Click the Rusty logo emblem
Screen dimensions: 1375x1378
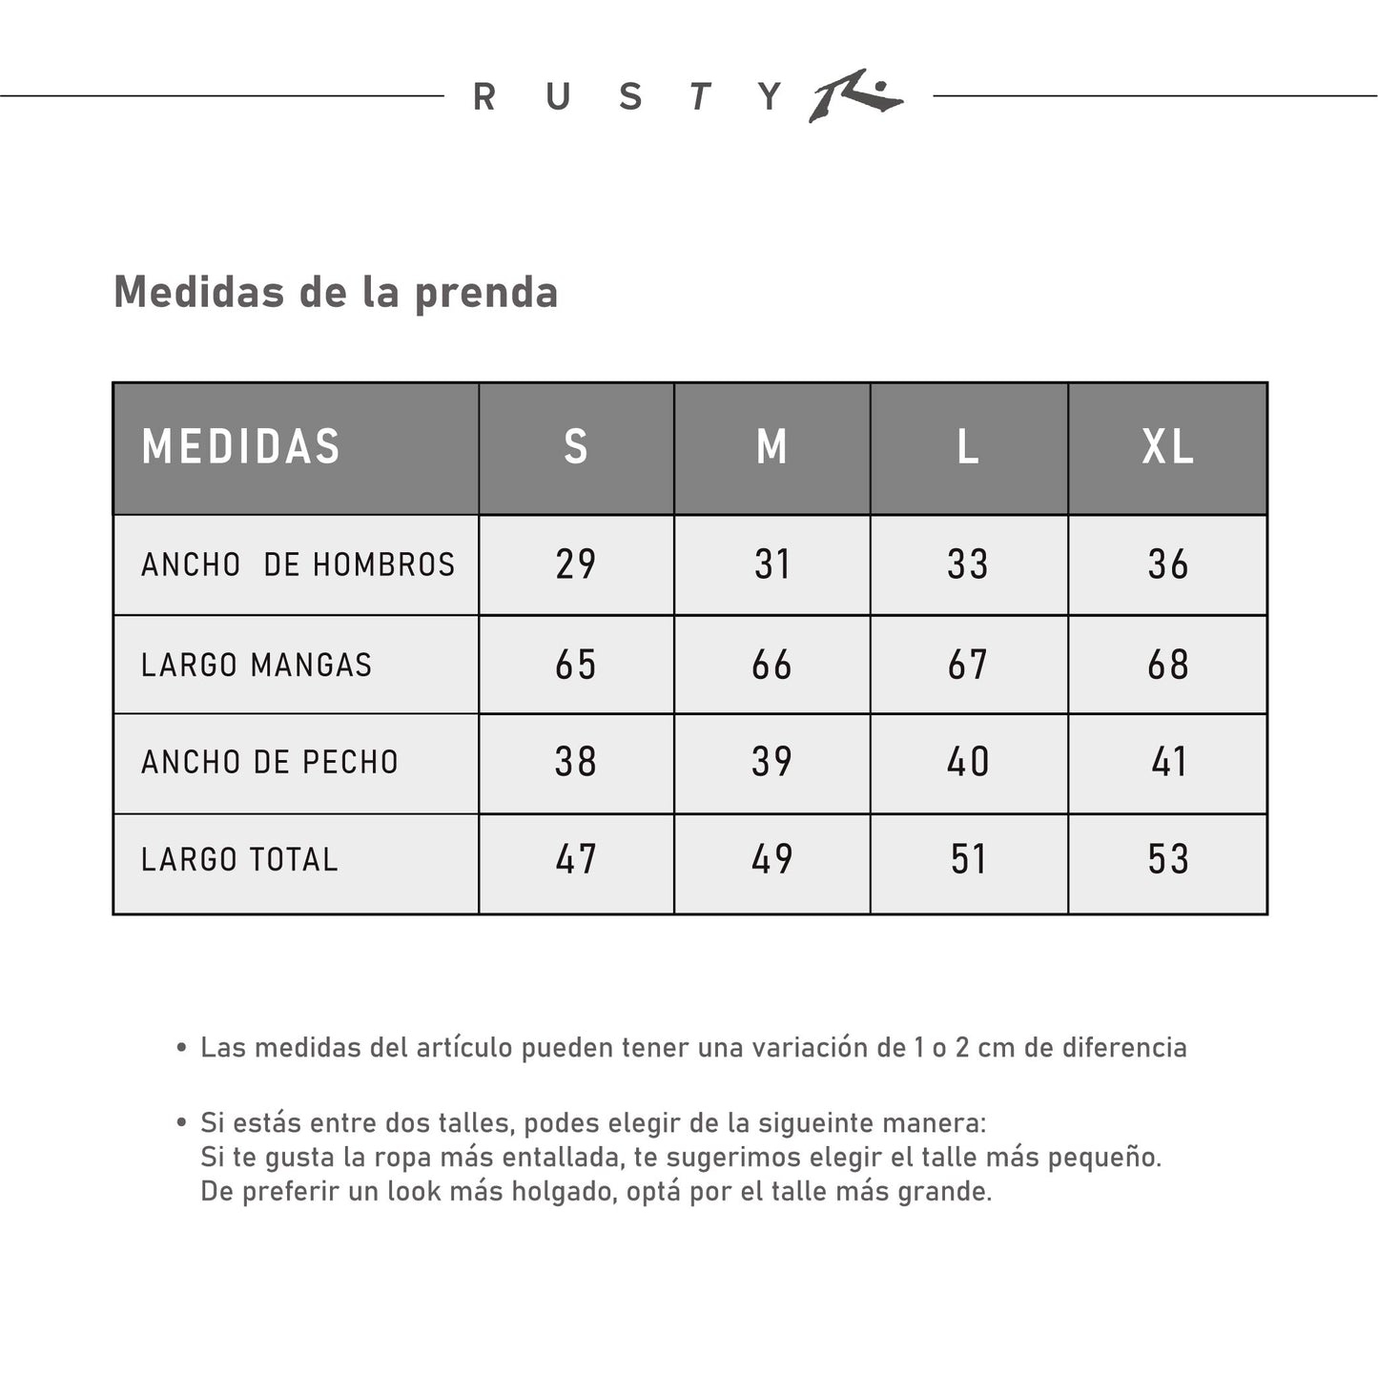854,96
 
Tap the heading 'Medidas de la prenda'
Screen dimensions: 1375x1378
335,292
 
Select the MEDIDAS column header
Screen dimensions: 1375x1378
241,447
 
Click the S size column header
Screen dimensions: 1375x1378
576,447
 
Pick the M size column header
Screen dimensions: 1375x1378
771,447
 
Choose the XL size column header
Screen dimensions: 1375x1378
1168,447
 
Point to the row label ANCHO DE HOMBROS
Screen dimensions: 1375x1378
298,564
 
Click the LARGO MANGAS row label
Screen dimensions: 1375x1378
257,665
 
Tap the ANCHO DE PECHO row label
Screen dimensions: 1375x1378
270,762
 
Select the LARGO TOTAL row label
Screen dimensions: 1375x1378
239,859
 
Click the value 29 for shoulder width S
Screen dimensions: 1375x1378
576,564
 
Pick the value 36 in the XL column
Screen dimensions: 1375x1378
1168,564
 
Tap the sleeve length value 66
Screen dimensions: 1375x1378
771,665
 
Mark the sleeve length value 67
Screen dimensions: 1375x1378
968,665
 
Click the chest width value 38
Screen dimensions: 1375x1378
576,762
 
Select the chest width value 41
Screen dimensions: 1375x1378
1168,762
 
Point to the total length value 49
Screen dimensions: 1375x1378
771,859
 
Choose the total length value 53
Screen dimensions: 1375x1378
1168,859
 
